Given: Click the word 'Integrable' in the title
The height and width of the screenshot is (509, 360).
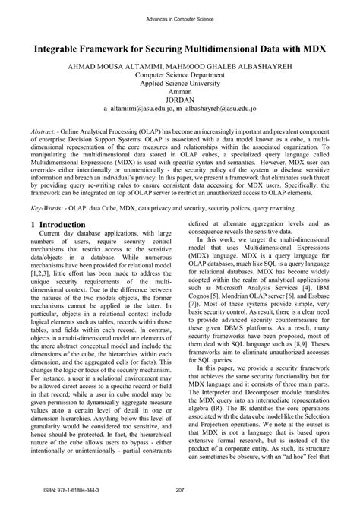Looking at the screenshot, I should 62,46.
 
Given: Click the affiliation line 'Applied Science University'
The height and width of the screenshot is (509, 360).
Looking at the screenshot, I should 179,86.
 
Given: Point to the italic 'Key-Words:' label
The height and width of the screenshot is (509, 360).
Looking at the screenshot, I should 49,226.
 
